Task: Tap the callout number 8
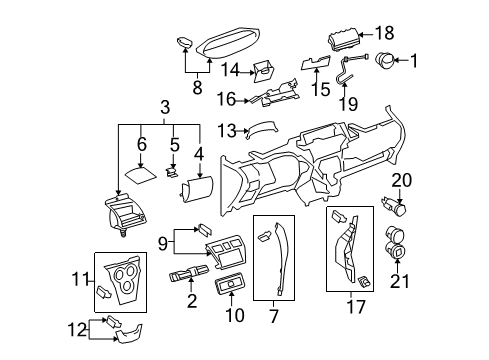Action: point(196,87)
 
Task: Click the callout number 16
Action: point(225,100)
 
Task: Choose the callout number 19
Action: point(348,102)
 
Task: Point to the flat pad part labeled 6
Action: point(140,171)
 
